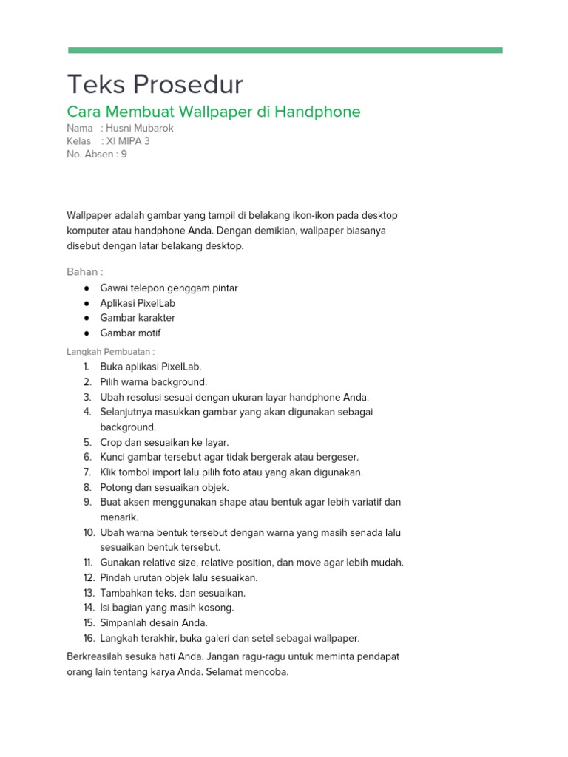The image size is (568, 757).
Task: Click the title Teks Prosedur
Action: (155, 85)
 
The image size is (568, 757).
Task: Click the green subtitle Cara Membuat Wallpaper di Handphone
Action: (214, 112)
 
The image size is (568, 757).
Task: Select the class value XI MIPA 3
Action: (130, 141)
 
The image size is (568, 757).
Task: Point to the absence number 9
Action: (124, 154)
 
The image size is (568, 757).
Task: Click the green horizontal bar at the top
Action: (285, 50)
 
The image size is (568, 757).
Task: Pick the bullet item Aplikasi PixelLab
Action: (138, 303)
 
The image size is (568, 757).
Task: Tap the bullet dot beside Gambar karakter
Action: (87, 318)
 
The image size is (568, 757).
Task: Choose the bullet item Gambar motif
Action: (130, 333)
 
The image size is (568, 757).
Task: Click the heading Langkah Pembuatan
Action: (111, 352)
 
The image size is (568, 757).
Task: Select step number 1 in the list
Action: (87, 367)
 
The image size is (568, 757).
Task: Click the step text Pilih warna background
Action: (154, 382)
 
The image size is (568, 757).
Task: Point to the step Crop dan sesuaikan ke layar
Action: (165, 442)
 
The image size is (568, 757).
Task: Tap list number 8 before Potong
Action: (87, 487)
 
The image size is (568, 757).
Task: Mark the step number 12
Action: (88, 577)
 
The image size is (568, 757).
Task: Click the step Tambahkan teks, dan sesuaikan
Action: (173, 593)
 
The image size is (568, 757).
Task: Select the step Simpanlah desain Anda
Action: (154, 622)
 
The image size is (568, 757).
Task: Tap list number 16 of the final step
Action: (88, 638)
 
